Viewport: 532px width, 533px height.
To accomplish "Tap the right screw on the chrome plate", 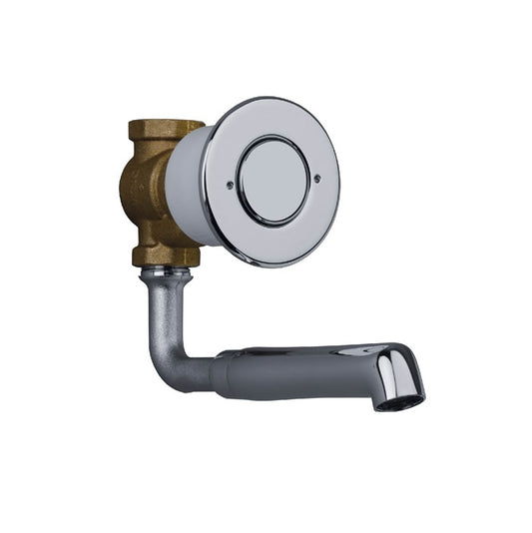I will click(x=317, y=180).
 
